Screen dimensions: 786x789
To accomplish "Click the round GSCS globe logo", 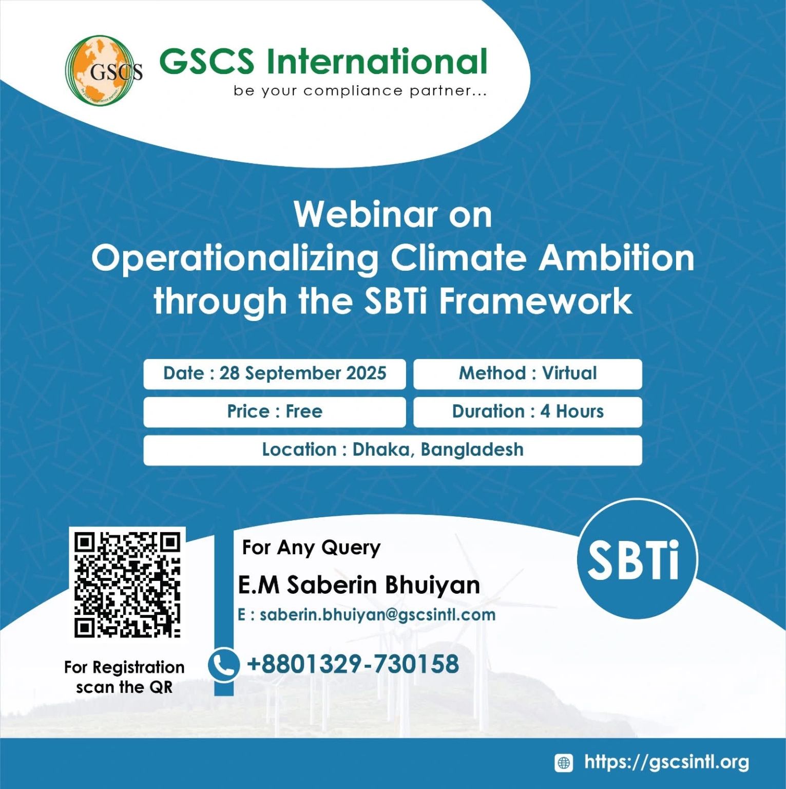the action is (x=104, y=70).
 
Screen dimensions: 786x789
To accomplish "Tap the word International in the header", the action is (x=376, y=61).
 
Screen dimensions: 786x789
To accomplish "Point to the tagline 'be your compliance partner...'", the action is (x=360, y=91).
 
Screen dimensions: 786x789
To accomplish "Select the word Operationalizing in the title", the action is (x=235, y=258).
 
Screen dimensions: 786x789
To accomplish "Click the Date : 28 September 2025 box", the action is (x=275, y=373).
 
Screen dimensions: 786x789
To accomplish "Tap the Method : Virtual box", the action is (x=528, y=373).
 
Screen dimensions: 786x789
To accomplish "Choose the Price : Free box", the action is (x=275, y=412).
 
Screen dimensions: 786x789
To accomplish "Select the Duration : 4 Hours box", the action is (x=528, y=412).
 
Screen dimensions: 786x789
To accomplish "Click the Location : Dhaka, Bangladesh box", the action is (x=393, y=450).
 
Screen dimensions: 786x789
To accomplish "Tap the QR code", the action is (x=127, y=584).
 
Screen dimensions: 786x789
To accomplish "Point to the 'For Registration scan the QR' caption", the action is (x=124, y=677).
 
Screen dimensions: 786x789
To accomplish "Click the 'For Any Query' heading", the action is (x=311, y=548).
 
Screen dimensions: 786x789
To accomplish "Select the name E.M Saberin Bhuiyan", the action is (x=359, y=585).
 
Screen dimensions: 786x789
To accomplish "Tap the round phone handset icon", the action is (x=223, y=664).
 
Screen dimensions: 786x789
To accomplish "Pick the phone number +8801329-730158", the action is (x=353, y=664).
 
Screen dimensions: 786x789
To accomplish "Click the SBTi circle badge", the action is (x=637, y=559).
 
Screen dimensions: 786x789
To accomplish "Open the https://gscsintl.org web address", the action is (x=666, y=762).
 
